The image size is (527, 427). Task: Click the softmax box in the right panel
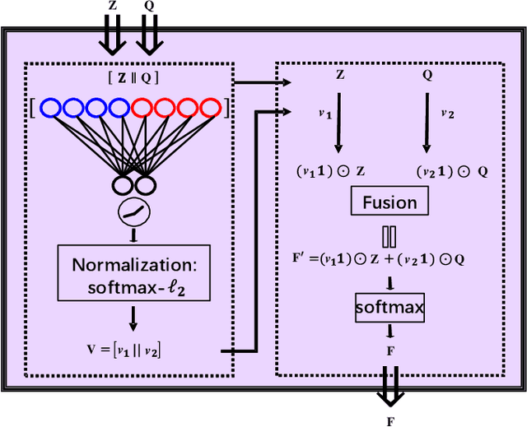pyautogui.click(x=389, y=309)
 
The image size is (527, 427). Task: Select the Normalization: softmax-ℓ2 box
pyautogui.click(x=134, y=277)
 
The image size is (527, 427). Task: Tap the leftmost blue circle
pyautogui.click(x=52, y=108)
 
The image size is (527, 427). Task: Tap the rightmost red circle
pyautogui.click(x=210, y=108)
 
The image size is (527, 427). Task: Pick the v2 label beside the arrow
pyautogui.click(x=447, y=114)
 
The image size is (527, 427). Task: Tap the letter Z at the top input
pyautogui.click(x=113, y=6)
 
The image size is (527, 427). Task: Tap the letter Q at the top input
pyautogui.click(x=148, y=6)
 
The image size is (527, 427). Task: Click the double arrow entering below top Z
pyautogui.click(x=114, y=32)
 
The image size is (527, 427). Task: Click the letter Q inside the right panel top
pyautogui.click(x=427, y=74)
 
